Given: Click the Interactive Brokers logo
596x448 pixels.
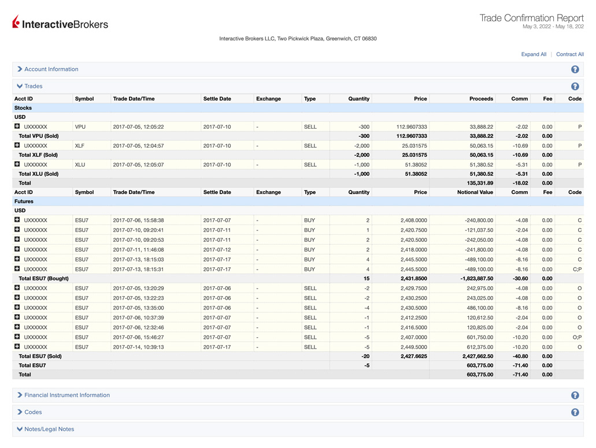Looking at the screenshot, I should tap(60, 23).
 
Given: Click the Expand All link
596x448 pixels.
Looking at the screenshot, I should tap(533, 54).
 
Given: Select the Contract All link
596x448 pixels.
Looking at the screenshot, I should tap(569, 54).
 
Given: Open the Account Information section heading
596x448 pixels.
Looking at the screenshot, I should tap(51, 69).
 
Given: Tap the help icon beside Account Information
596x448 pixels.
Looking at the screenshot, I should tap(575, 69).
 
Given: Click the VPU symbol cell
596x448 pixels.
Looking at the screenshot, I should tap(80, 126).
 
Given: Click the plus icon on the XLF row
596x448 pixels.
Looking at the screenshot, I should tap(17, 145).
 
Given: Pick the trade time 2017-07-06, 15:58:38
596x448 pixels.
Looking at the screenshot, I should tap(138, 220).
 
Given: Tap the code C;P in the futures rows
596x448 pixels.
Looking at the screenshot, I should tap(576, 269).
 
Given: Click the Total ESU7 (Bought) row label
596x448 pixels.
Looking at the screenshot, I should tap(43, 278).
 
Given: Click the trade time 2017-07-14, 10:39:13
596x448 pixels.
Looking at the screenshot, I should tap(138, 347).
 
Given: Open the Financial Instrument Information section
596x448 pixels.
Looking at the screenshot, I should tap(66, 395).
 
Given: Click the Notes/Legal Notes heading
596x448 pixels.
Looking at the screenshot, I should tap(49, 430).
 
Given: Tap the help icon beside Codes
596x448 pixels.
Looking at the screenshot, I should tap(575, 412).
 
